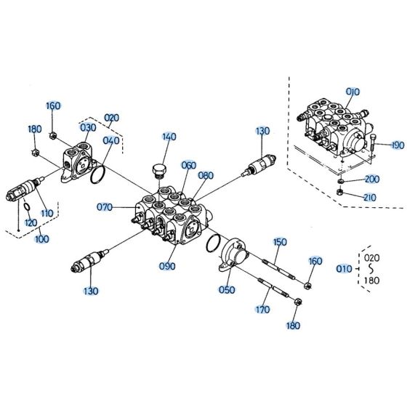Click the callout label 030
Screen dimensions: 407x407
pos(88,128)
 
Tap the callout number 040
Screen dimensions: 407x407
pos(111,141)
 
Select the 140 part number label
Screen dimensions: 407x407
pos(169,137)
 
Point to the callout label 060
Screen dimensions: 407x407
pos(189,165)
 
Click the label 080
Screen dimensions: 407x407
pos(206,175)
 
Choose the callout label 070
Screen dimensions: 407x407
pos(105,207)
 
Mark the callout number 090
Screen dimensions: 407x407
pos(166,266)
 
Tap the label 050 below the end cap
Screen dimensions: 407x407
pos(227,290)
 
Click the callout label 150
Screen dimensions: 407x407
pos(280,242)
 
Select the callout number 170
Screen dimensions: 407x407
pos(262,309)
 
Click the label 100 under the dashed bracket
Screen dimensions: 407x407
pos(43,238)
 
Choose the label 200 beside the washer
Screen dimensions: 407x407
pos(372,179)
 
